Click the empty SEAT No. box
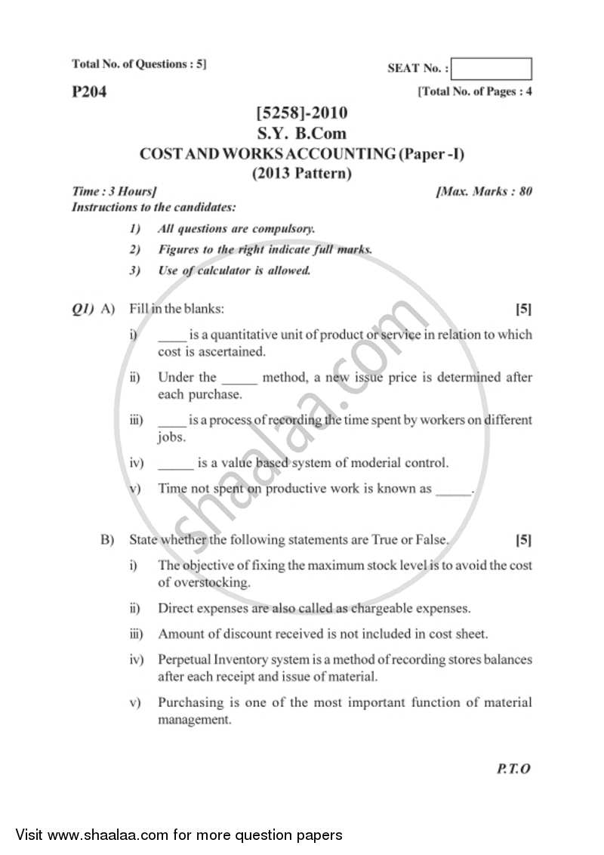493,69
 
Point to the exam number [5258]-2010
302,113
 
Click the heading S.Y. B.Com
302,134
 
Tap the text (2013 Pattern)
302,173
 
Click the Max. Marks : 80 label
484,191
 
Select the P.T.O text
514,769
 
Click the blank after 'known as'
453,489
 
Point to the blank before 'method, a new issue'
240,378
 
